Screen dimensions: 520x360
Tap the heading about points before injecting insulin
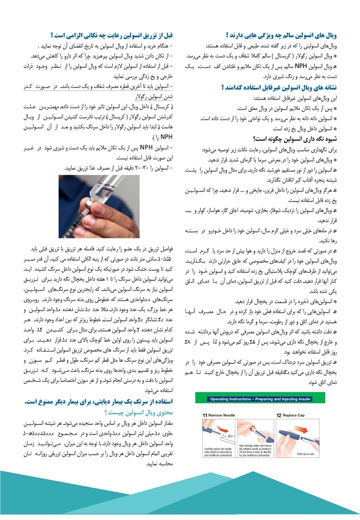click(112, 35)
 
